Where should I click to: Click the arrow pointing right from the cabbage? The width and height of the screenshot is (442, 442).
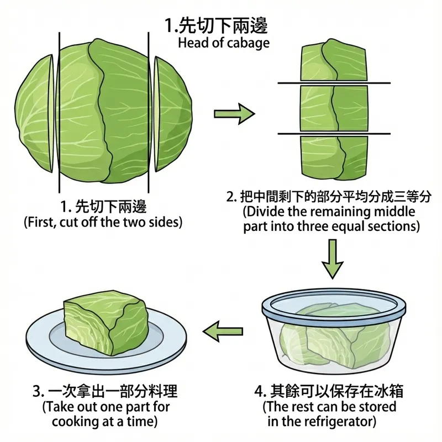coord(234,114)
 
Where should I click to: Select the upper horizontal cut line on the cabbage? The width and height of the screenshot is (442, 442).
coord(334,83)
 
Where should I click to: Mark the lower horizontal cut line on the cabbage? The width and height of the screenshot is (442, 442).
coord(334,133)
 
